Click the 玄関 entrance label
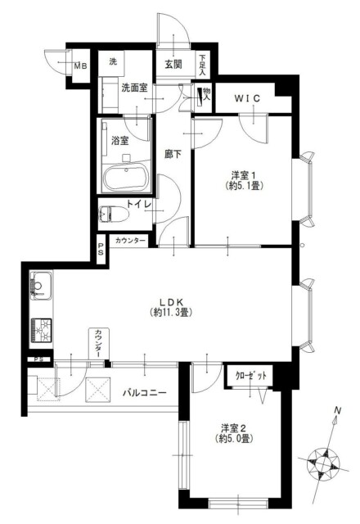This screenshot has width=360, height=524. point(172,64)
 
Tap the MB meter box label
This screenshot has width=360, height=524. point(81,66)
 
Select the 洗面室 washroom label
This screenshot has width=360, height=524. point(132,87)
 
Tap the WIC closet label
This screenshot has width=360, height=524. point(247,99)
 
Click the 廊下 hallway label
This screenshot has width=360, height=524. point(172,153)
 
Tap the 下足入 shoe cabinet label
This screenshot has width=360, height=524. point(202,63)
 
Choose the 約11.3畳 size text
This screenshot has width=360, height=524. point(170,312)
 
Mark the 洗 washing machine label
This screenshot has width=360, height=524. point(114,62)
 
